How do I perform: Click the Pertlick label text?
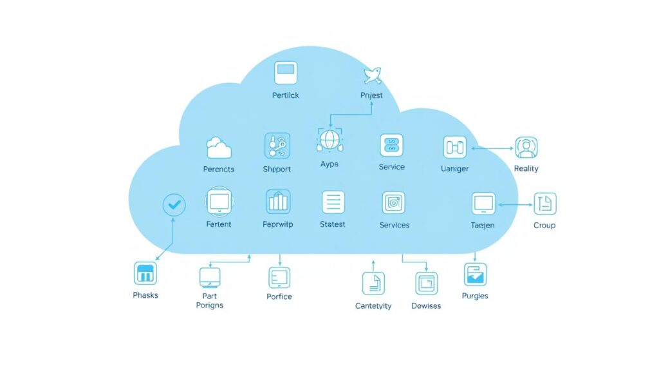[285, 95]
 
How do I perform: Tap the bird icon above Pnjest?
[371, 75]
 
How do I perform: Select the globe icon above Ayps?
[329, 139]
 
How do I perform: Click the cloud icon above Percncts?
[218, 148]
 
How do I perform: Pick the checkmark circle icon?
[174, 206]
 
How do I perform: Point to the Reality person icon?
[526, 148]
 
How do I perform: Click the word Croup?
[544, 226]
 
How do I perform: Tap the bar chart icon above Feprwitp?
[278, 202]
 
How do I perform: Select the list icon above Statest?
[333, 202]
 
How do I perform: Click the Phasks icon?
[145, 273]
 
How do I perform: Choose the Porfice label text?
[279, 296]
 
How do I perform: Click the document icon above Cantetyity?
[373, 284]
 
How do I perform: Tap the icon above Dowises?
[426, 283]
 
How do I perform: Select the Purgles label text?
[475, 296]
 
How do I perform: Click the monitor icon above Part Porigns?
[210, 277]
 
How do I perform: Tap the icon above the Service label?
[391, 146]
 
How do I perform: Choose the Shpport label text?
[277, 169]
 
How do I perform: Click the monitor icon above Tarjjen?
[483, 203]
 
